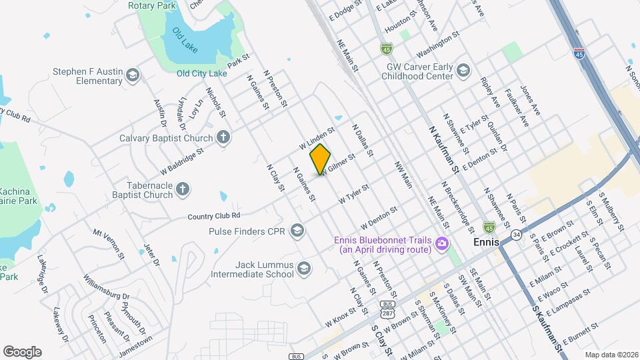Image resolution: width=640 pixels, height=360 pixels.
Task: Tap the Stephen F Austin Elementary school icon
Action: point(133,75)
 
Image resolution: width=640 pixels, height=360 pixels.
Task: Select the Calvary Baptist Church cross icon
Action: point(223,138)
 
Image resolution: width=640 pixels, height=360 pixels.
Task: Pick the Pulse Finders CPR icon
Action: point(297,231)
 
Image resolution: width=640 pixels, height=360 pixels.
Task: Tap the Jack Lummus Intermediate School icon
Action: point(304,268)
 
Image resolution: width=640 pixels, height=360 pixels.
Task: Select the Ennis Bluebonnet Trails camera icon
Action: point(441,245)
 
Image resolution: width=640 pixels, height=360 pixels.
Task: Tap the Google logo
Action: point(22,352)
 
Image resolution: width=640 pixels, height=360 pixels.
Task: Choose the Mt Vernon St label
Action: point(109,243)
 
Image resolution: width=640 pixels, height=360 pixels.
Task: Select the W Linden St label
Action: point(316,139)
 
